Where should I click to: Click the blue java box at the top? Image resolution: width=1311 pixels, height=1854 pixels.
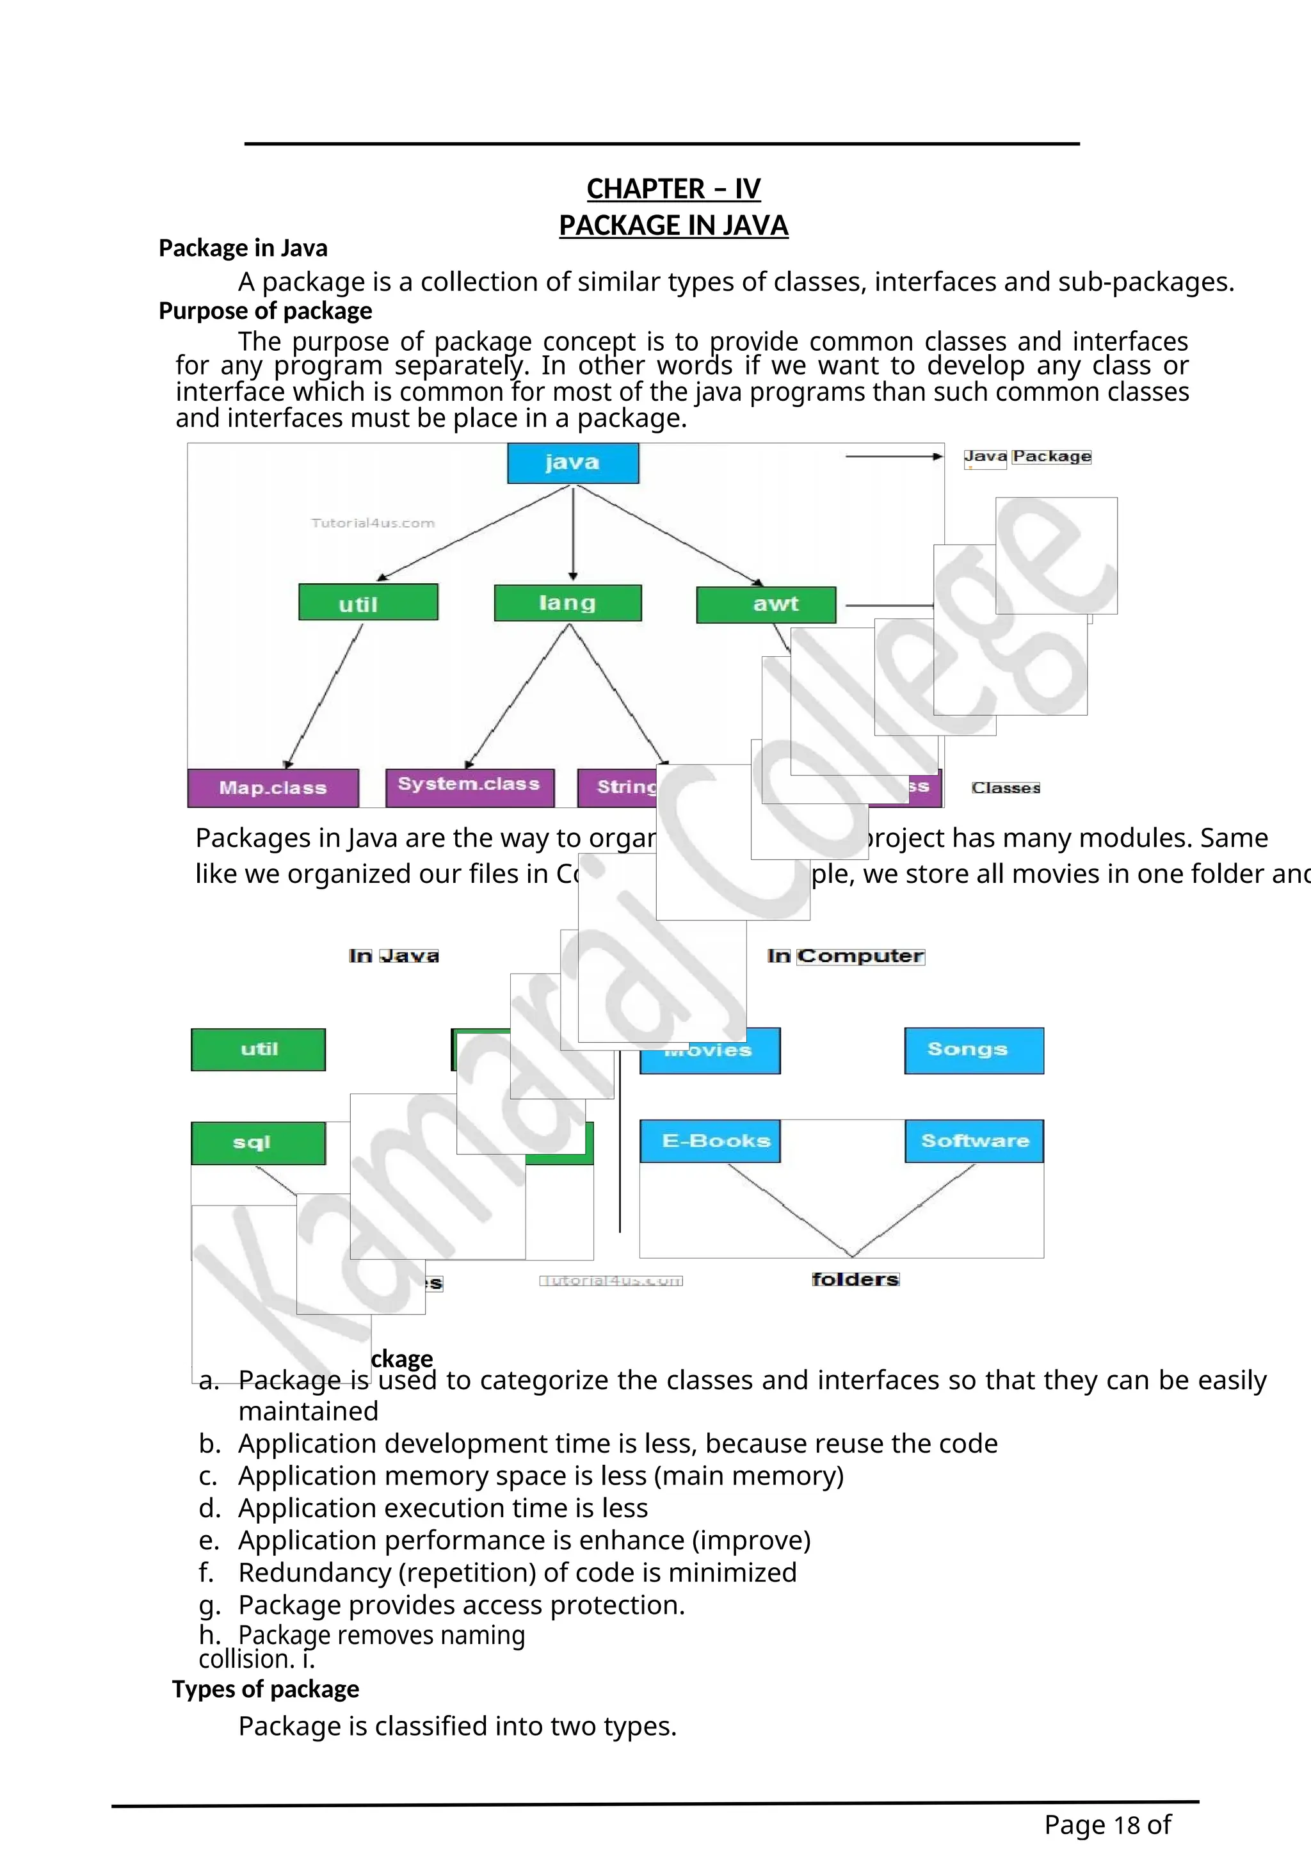tap(572, 463)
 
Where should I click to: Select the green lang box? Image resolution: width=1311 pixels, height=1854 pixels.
tap(568, 602)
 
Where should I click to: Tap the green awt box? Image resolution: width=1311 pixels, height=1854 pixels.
tap(766, 604)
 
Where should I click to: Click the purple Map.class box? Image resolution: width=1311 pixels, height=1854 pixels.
tap(273, 787)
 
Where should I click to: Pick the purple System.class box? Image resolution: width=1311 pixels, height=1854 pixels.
tap(469, 786)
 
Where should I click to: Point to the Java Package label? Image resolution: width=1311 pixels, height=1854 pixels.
tap(1027, 456)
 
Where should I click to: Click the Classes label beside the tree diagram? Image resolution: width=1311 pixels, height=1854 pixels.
tap(1006, 787)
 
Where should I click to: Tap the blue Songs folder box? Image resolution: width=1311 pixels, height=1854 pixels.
tap(974, 1050)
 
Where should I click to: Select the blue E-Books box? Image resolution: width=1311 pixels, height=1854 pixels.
tap(709, 1140)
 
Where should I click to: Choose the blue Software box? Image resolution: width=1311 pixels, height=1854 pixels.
tap(974, 1140)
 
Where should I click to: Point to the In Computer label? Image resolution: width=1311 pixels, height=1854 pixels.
tap(845, 956)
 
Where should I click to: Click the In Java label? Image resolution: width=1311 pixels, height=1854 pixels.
tap(394, 956)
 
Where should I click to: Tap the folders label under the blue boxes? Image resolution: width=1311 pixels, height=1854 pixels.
tap(855, 1279)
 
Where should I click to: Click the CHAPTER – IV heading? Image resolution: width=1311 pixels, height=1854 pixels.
tap(673, 189)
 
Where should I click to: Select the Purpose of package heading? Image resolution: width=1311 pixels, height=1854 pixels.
tap(265, 311)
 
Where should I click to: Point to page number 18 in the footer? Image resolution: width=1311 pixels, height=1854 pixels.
tap(1126, 1824)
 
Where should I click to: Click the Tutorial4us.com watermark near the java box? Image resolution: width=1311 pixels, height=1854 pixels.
tap(373, 523)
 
